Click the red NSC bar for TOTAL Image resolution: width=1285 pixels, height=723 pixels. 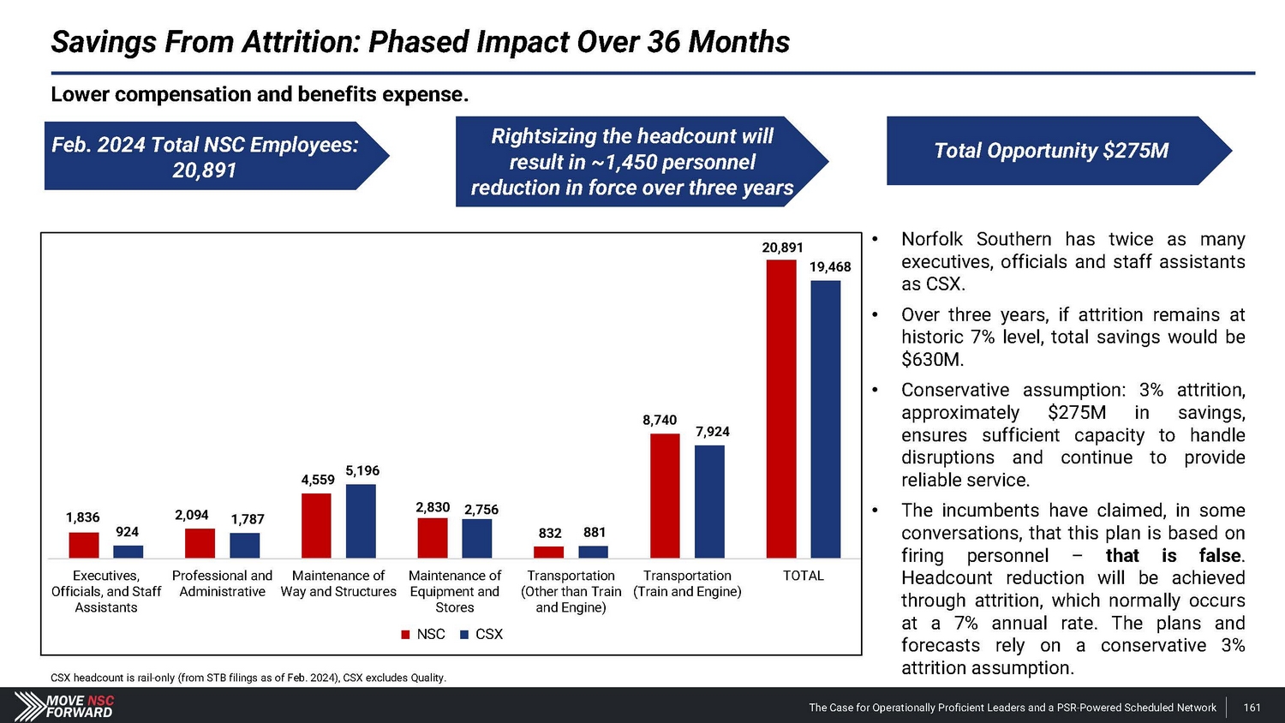[781, 409]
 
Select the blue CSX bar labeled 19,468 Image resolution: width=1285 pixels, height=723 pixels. [825, 419]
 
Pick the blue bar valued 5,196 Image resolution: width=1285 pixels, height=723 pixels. [361, 521]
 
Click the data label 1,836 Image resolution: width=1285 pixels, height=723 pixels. [82, 517]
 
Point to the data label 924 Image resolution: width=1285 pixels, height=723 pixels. [128, 532]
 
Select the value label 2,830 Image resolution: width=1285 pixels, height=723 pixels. [433, 507]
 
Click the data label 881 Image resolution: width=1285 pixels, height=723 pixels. [595, 532]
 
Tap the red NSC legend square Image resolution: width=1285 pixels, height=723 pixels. [406, 635]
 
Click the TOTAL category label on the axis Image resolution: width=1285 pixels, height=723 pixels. [803, 576]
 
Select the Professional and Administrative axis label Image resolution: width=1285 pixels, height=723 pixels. [222, 583]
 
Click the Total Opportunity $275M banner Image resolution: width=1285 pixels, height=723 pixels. [1051, 151]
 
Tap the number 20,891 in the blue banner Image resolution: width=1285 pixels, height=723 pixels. [204, 170]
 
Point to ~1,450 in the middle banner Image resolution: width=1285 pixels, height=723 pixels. [622, 162]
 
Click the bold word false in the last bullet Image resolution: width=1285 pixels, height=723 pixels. [1220, 555]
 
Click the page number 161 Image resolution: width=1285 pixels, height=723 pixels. [1252, 708]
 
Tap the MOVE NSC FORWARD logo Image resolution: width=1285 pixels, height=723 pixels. [65, 706]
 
